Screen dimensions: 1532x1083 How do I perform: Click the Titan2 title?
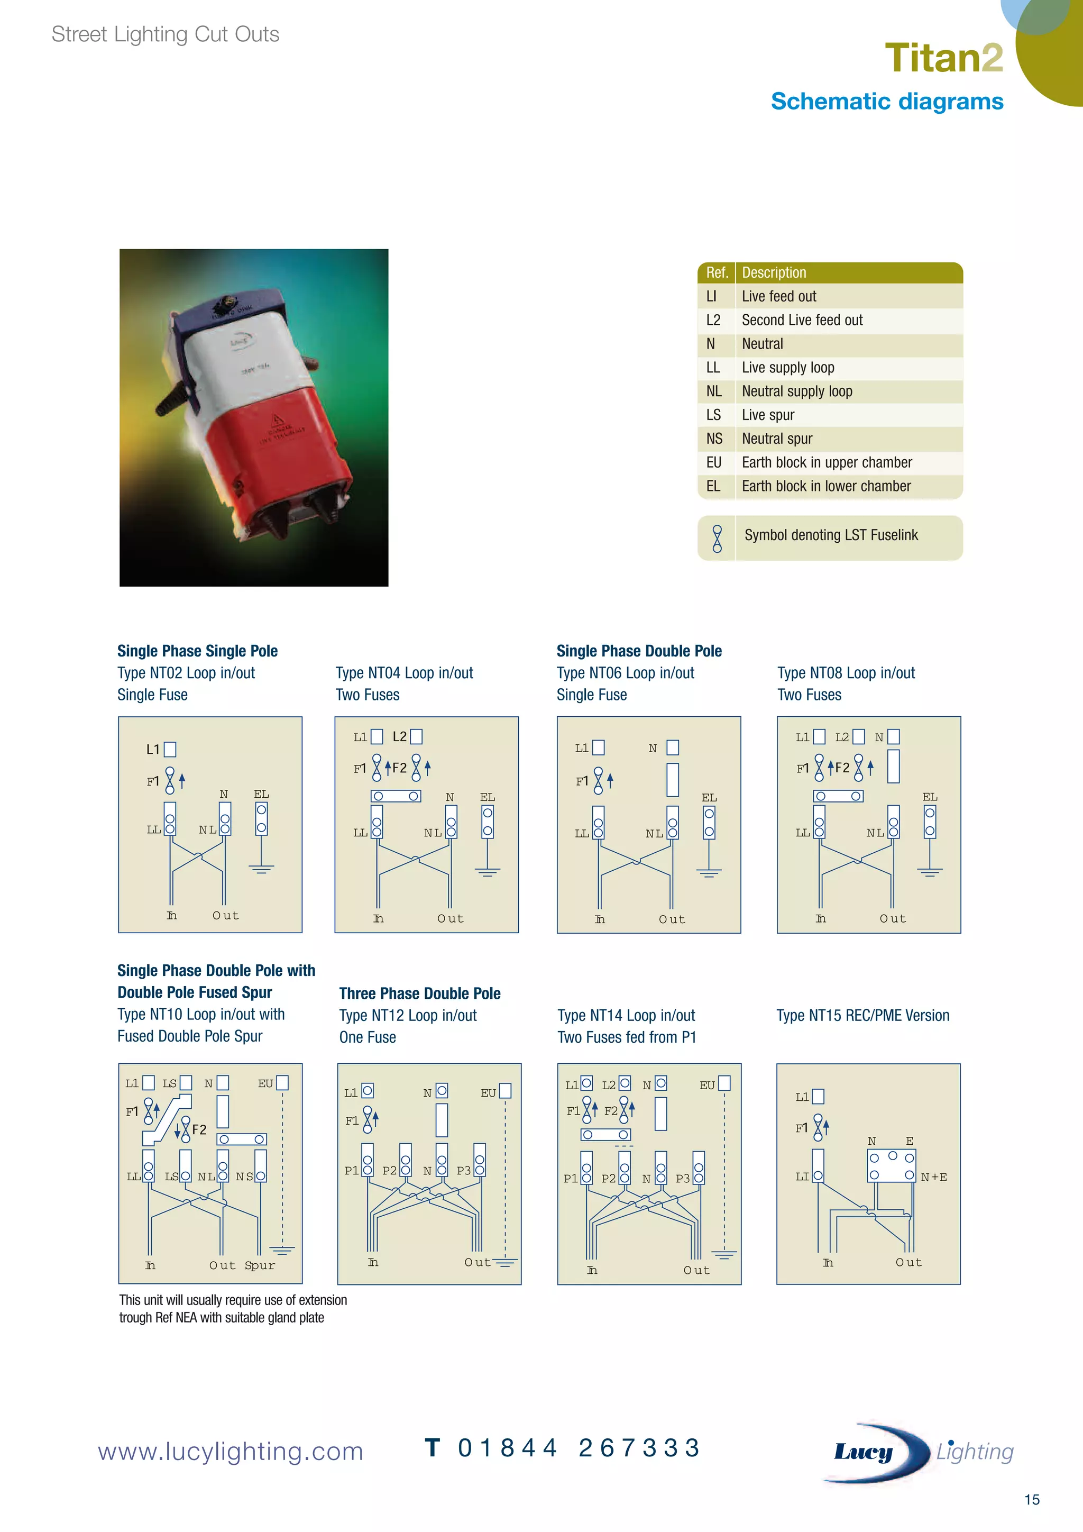[943, 58]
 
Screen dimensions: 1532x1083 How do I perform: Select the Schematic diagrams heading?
[886, 102]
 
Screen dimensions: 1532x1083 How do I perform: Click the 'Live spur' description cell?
[768, 415]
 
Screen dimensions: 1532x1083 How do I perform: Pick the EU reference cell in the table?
[713, 462]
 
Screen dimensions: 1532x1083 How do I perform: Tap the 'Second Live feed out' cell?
[802, 320]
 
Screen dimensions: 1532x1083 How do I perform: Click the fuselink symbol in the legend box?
[717, 539]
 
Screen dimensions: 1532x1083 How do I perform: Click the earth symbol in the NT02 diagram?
[261, 869]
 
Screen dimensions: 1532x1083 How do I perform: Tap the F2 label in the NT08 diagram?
[842, 768]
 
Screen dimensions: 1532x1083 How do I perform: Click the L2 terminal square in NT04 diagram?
[416, 737]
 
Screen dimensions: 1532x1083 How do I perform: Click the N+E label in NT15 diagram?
[934, 1178]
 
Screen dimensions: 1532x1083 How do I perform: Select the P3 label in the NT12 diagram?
[463, 1170]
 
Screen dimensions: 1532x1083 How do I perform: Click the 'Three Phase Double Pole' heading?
[419, 993]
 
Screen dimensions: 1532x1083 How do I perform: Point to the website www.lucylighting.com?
[230, 1451]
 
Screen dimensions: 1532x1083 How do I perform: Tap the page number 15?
[1031, 1500]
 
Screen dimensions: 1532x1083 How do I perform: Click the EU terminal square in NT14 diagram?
[724, 1083]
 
